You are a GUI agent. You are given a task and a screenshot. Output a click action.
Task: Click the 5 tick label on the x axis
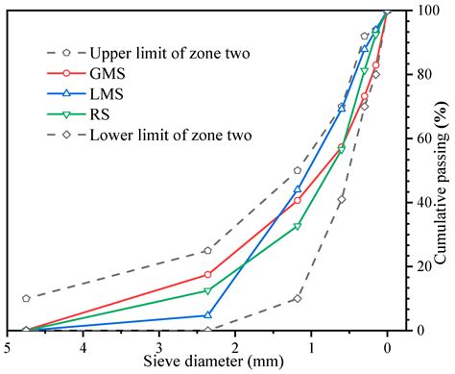(8, 346)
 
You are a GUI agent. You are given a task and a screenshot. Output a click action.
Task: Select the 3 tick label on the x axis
(159, 346)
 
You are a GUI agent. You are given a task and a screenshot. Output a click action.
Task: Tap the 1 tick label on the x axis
(311, 346)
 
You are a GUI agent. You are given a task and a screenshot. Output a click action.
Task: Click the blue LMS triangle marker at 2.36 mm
(207, 314)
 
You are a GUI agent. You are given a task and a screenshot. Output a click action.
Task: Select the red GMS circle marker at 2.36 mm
(207, 274)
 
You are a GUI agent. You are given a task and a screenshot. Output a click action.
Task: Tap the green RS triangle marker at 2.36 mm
(207, 291)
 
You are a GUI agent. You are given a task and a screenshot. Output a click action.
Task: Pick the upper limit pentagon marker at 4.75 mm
(26, 298)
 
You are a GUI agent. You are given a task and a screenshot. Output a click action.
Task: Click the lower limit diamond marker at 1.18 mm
(298, 298)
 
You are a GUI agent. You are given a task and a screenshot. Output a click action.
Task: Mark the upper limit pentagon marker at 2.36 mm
(207, 250)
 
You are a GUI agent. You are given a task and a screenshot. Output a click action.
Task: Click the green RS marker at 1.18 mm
(298, 227)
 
